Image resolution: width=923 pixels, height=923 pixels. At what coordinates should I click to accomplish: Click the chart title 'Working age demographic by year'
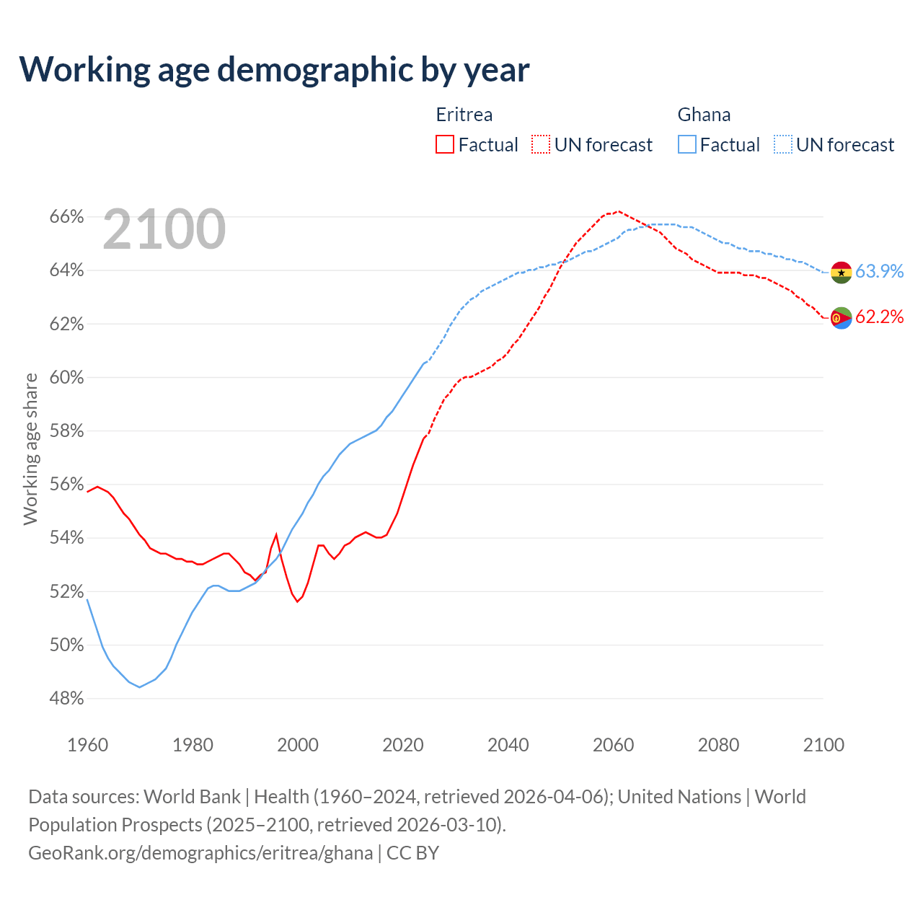pyautogui.click(x=274, y=69)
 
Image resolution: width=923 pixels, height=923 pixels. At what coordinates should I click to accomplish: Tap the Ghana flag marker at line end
pyautogui.click(x=841, y=272)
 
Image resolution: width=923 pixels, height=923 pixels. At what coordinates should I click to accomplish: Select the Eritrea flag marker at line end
pyautogui.click(x=841, y=317)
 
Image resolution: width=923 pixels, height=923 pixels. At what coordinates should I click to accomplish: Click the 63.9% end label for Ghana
pyautogui.click(x=879, y=271)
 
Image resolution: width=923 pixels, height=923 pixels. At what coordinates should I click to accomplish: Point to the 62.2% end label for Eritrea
pyautogui.click(x=879, y=317)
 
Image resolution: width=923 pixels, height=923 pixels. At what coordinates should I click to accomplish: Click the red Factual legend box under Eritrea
pyautogui.click(x=445, y=144)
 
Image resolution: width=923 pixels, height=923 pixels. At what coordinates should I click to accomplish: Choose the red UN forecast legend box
pyautogui.click(x=541, y=144)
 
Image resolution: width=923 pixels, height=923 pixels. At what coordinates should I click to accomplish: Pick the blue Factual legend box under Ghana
pyautogui.click(x=687, y=144)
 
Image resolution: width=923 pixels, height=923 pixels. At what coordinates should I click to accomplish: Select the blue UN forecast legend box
pyautogui.click(x=783, y=144)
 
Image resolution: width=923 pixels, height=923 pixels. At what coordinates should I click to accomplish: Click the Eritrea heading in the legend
pyautogui.click(x=464, y=115)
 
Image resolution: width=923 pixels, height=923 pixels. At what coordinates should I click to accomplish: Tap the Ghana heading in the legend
pyautogui.click(x=704, y=115)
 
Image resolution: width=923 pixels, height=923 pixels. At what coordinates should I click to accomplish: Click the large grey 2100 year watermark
pyautogui.click(x=164, y=229)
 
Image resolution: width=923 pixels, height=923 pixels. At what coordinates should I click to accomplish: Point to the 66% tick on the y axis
pyautogui.click(x=67, y=217)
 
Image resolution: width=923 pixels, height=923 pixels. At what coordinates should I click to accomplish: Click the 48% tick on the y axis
pyautogui.click(x=67, y=699)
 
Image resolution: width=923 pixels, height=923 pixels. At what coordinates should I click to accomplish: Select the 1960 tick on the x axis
pyautogui.click(x=87, y=745)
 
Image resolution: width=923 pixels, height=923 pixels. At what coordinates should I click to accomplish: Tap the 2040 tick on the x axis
pyautogui.click(x=508, y=745)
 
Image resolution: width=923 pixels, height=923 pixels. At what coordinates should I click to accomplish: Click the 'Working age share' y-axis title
pyautogui.click(x=30, y=449)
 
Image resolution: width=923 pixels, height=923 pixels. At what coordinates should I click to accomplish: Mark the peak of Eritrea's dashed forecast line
pyautogui.click(x=619, y=211)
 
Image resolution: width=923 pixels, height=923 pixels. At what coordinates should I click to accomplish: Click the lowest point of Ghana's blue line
pyautogui.click(x=140, y=687)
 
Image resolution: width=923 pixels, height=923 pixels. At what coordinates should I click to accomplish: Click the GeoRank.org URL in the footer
pyautogui.click(x=200, y=853)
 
